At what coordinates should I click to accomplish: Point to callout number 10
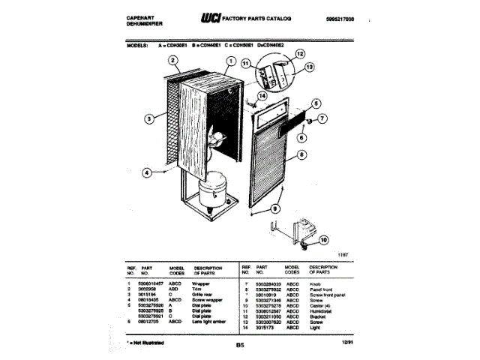323,240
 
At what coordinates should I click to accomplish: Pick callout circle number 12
300,54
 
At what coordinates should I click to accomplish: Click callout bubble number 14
262,96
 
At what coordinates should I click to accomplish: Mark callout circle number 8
301,156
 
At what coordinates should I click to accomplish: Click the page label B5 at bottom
239,346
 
